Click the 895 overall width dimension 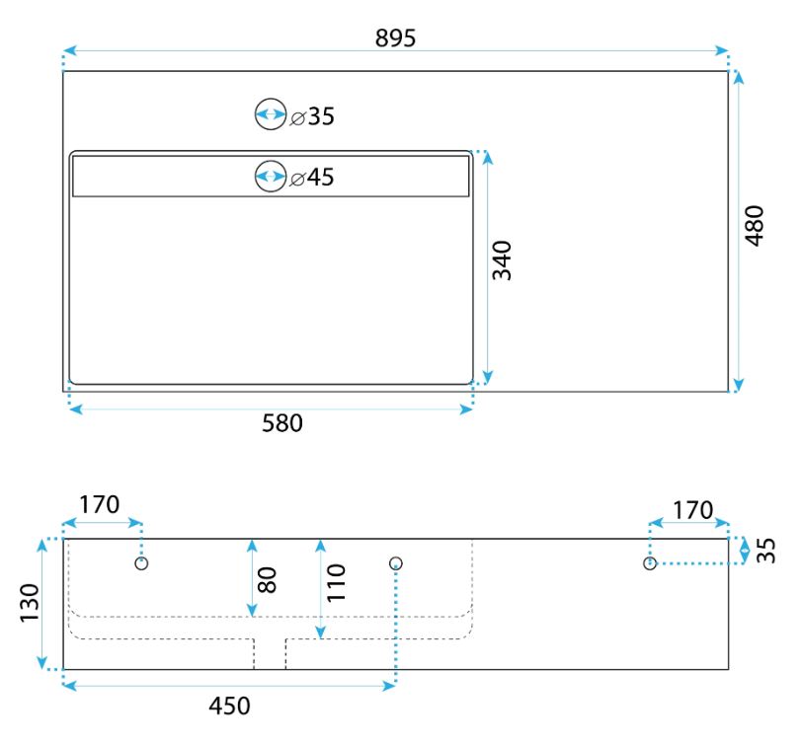(x=395, y=38)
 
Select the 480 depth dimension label (x=754, y=226)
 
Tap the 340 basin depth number (x=502, y=260)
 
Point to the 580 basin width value (x=282, y=423)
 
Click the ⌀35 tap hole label (x=312, y=116)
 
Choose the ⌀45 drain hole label (x=312, y=177)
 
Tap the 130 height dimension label (x=29, y=603)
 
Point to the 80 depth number (x=268, y=580)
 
